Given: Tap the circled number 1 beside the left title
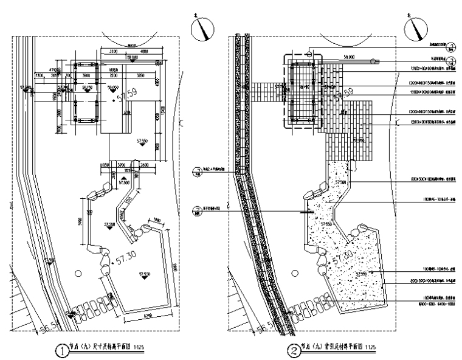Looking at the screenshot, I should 61,350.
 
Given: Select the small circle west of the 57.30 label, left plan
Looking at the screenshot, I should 78,274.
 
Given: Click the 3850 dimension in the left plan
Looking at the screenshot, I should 140,75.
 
